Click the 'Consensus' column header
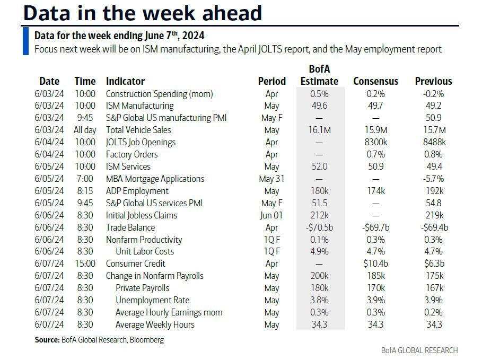[375, 81]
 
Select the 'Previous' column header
[433, 81]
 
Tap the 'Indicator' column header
[125, 81]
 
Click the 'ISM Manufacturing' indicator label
[139, 106]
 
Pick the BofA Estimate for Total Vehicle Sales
[319, 130]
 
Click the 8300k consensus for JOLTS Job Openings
[375, 142]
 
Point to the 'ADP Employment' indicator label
[137, 191]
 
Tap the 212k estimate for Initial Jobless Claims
[319, 215]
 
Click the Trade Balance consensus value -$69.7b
[375, 227]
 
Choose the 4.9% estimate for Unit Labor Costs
[319, 251]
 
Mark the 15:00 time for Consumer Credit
[85, 264]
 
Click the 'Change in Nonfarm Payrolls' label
[154, 276]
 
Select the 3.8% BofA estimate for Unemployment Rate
[319, 300]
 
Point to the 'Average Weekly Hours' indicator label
[155, 324]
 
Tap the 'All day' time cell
[85, 130]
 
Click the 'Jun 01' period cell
[271, 215]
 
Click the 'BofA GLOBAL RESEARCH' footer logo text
[419, 350]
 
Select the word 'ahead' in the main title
[230, 13]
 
